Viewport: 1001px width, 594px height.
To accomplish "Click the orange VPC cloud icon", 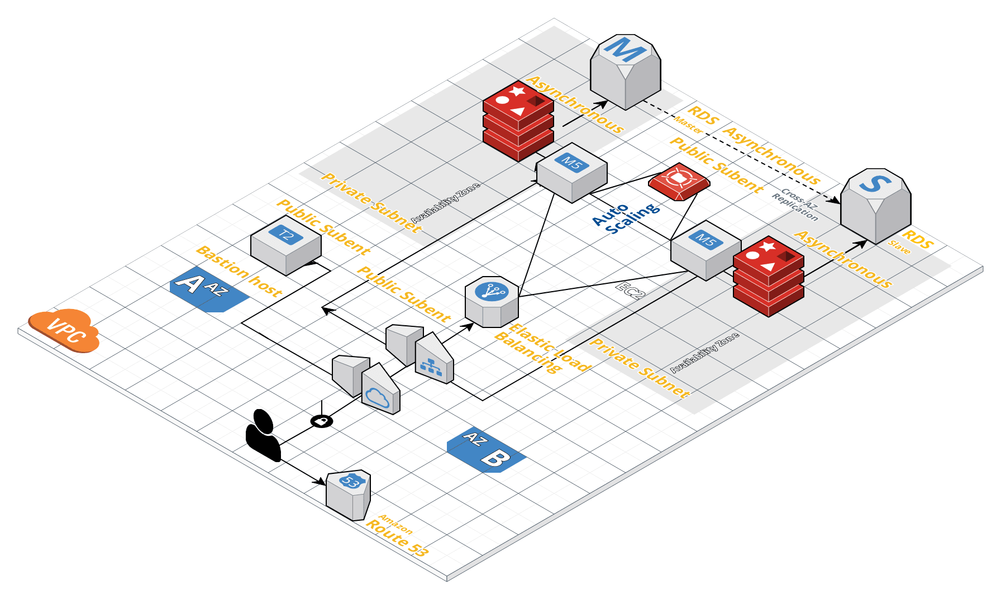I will [x=64, y=330].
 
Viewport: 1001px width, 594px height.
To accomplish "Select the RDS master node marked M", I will [x=626, y=72].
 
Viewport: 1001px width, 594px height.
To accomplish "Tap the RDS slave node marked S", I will [x=875, y=205].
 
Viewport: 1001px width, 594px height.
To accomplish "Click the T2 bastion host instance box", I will [x=286, y=245].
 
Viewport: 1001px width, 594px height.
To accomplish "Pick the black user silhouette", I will [x=263, y=435].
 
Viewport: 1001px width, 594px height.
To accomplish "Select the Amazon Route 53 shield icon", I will [x=349, y=495].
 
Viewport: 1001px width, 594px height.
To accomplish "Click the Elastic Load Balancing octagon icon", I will [x=492, y=301].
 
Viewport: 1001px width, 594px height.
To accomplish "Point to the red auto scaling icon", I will [x=679, y=181].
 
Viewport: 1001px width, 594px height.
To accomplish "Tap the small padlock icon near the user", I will [x=322, y=421].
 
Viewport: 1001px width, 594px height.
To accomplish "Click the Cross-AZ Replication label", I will [x=795, y=205].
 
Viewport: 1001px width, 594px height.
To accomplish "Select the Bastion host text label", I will [x=239, y=270].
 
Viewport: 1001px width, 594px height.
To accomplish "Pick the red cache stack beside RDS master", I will [x=518, y=121].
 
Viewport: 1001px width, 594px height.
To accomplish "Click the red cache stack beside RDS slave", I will [x=768, y=276].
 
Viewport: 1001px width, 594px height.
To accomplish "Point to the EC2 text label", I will [x=631, y=291].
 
